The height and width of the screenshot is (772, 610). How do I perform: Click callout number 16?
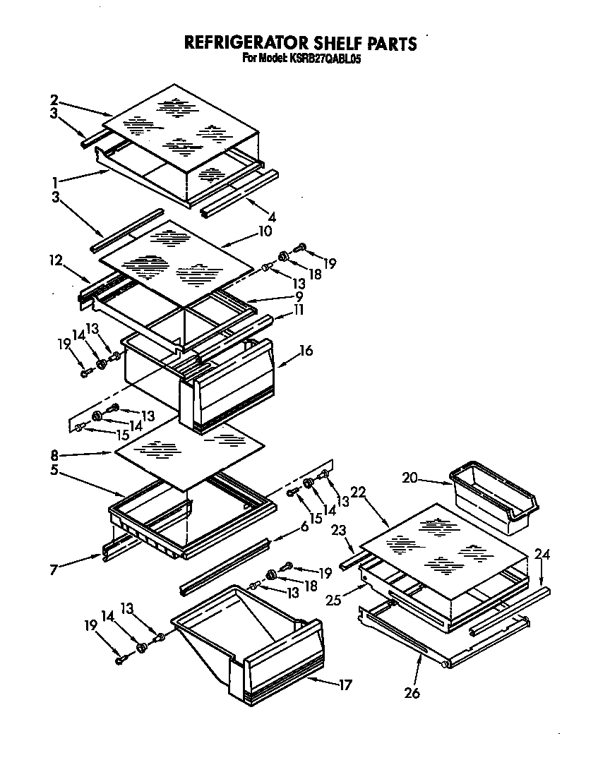306,351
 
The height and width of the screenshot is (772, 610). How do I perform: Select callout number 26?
412,693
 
